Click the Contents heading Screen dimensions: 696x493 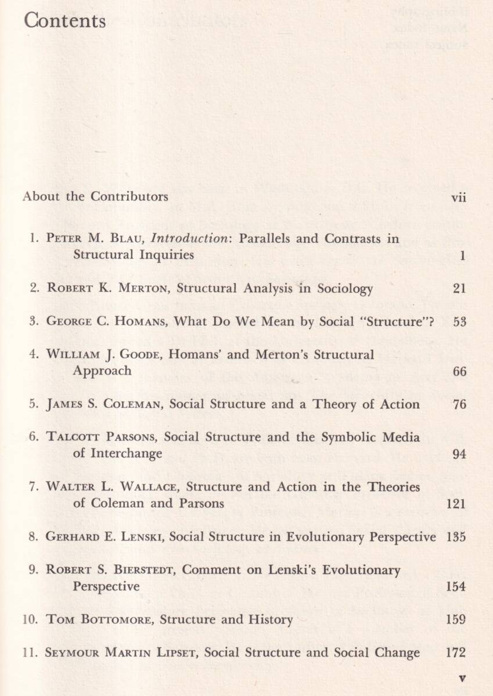point(65,21)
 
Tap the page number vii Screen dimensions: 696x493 point(458,197)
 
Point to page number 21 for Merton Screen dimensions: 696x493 point(459,288)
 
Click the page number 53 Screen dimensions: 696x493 point(459,322)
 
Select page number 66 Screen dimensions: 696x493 point(459,372)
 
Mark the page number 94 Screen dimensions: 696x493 point(459,454)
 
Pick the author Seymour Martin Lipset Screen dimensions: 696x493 point(121,653)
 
